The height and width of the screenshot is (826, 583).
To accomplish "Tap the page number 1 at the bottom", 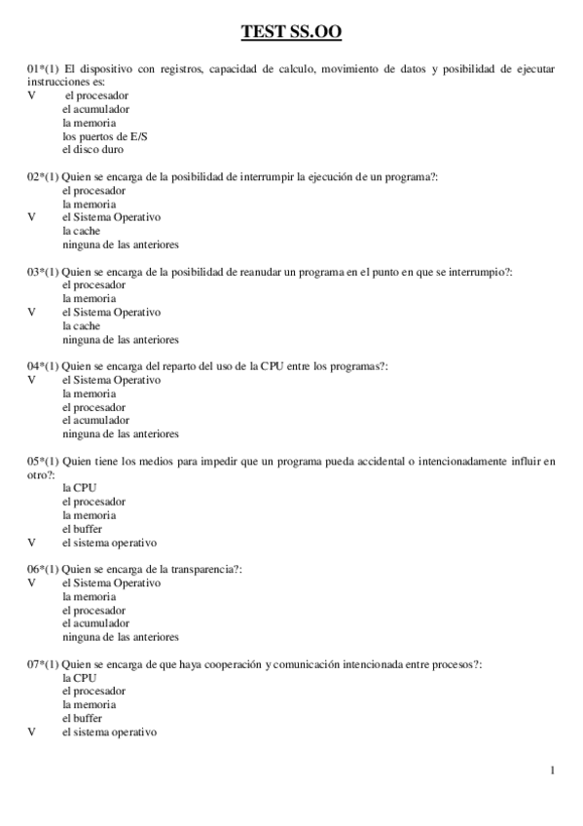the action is [x=553, y=772].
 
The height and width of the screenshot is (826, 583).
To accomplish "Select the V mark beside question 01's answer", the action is [x=31, y=96].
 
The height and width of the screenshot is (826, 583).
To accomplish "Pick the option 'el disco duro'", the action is [x=92, y=151].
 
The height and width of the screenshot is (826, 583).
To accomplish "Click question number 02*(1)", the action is [x=44, y=177].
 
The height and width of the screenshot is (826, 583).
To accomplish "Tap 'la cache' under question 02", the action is [x=81, y=232].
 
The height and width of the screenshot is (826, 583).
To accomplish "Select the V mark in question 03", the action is [x=31, y=313].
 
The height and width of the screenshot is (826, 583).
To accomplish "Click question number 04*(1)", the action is [x=44, y=366].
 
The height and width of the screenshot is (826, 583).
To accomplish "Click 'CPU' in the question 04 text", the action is [x=273, y=366].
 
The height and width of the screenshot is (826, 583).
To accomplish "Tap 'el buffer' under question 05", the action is [x=82, y=529].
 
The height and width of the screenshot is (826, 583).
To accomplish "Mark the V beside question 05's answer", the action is [x=31, y=543].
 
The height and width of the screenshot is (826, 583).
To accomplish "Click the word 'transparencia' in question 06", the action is [x=201, y=569].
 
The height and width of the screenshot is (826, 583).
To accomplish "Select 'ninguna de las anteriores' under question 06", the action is [x=120, y=637].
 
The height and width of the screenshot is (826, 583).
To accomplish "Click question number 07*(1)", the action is [x=44, y=663].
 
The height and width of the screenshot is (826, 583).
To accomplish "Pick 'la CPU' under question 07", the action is [x=79, y=677].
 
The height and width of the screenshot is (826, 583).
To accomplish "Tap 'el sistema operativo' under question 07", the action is [x=109, y=732].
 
